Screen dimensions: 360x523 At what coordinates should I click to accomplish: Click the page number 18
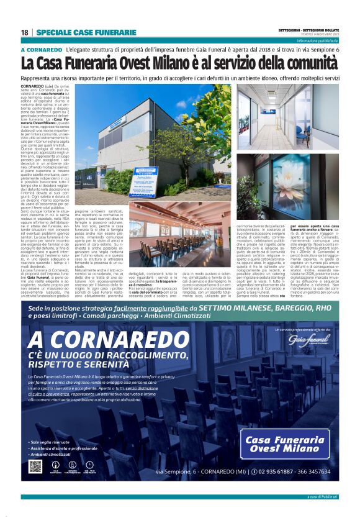24,32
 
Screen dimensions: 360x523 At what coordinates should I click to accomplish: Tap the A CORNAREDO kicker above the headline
41,50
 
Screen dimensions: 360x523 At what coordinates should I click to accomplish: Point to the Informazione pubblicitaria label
317,40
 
